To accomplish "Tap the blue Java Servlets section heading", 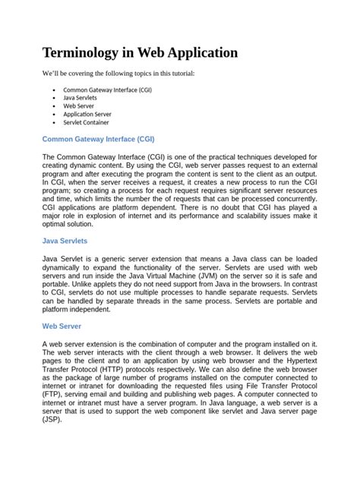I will (x=65, y=241).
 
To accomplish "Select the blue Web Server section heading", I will (x=62, y=325).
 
